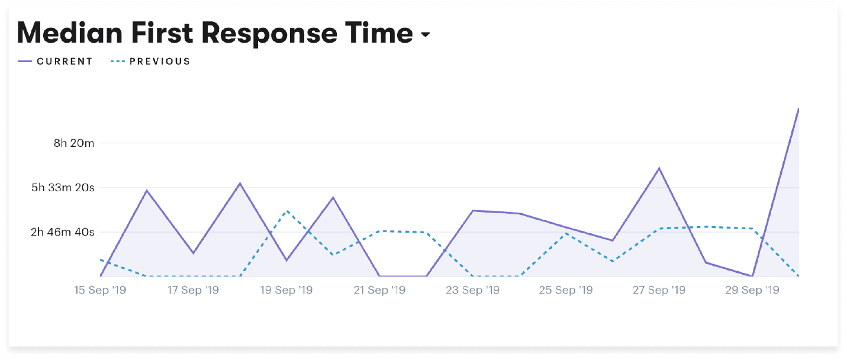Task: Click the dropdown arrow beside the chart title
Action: (x=425, y=36)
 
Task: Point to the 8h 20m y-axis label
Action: (x=74, y=143)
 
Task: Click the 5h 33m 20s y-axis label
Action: (x=63, y=188)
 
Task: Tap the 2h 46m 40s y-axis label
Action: (x=63, y=232)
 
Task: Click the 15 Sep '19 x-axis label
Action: (x=99, y=290)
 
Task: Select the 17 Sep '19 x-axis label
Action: (x=193, y=290)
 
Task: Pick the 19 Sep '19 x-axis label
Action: (x=286, y=290)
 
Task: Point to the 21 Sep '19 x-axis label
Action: (x=379, y=290)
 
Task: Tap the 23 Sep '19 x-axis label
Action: (x=473, y=290)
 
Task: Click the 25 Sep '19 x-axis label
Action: (x=566, y=290)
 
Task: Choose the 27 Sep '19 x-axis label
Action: (x=659, y=290)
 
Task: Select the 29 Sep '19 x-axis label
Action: (x=752, y=290)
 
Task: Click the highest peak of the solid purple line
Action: (x=798, y=109)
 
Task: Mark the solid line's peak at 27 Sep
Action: (x=659, y=168)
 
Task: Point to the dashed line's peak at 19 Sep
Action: (x=286, y=211)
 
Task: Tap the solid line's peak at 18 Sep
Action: (x=240, y=183)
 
